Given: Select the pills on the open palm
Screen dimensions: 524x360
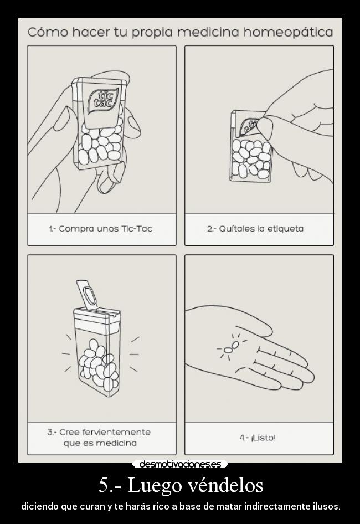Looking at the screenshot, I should [232, 347].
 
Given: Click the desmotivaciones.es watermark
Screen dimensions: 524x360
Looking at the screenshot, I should [180, 464].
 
